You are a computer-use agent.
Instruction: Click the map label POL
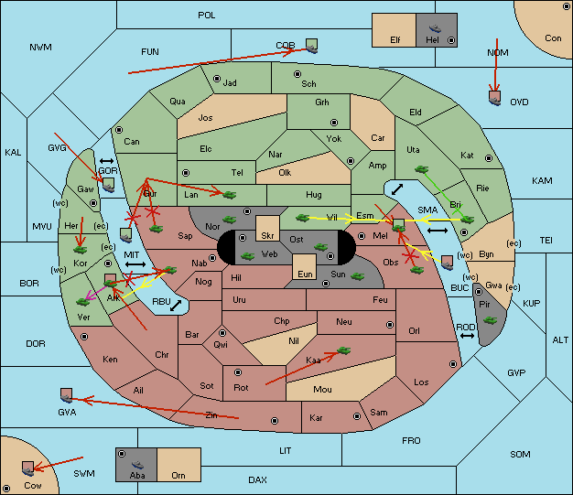pos(207,16)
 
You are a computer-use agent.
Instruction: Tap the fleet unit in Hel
pos(435,28)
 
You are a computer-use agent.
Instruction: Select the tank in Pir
pos(490,320)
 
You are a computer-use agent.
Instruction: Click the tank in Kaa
pos(343,350)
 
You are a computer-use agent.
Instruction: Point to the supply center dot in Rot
pos(238,372)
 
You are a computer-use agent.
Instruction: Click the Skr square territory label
pos(267,236)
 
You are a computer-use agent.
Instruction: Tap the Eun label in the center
pos(305,274)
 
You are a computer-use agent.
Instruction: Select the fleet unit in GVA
pos(66,395)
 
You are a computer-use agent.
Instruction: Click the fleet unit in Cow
pos(27,468)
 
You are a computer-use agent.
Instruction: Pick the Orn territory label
pos(178,475)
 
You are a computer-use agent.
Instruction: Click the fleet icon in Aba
pos(137,465)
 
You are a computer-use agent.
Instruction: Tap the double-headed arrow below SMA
pos(438,231)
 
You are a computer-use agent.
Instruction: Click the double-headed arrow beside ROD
pos(467,336)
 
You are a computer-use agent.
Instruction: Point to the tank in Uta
pos(421,169)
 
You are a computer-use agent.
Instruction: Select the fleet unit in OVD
pos(495,98)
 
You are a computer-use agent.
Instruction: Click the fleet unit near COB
pos(312,46)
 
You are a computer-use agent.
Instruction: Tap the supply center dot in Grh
pos(334,123)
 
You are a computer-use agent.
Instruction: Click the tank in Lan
pos(230,194)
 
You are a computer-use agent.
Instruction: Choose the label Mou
pos(322,390)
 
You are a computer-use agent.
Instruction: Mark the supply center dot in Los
pos(453,364)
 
